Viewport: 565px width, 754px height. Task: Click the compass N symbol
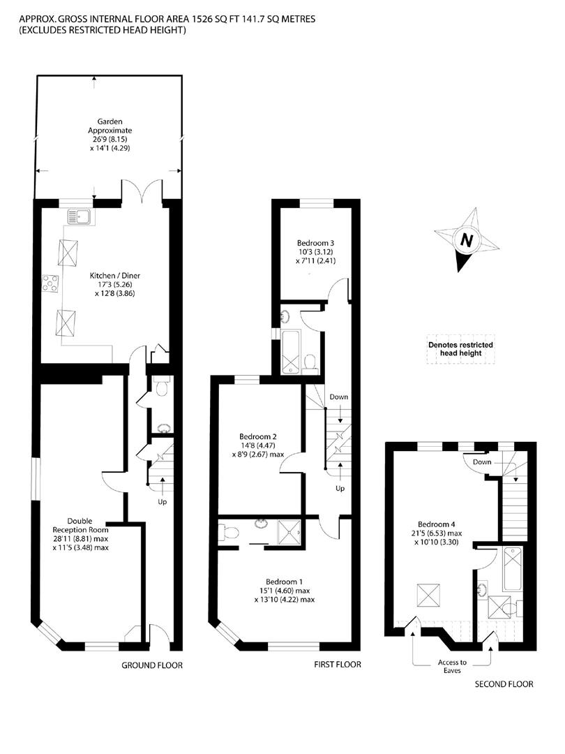467,241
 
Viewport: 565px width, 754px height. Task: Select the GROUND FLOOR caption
152,665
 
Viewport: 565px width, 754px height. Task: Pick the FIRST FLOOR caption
338,665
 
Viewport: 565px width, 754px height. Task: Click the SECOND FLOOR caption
504,684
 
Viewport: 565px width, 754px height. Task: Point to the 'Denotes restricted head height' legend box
461,349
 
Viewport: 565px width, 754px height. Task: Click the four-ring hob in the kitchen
51,283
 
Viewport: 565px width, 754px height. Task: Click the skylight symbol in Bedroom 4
427,596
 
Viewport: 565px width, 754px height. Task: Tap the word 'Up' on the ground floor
162,501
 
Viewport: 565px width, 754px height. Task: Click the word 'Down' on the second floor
480,463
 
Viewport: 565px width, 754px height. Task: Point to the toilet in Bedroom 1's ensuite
227,533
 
